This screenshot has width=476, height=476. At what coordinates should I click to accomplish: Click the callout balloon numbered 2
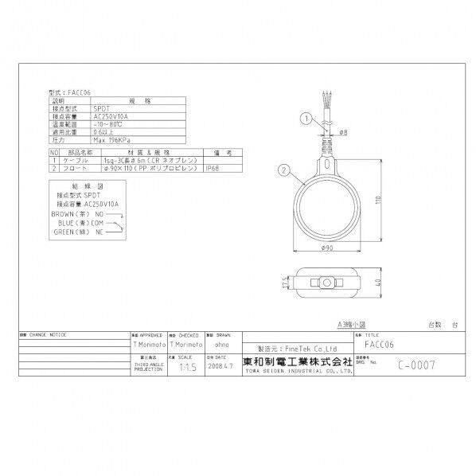(284, 169)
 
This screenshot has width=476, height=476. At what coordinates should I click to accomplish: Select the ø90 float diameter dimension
(327, 248)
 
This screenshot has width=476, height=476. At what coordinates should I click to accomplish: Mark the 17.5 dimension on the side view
(285, 282)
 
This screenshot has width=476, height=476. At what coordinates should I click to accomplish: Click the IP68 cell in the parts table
(213, 169)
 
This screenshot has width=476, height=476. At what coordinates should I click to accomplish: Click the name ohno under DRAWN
(220, 346)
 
